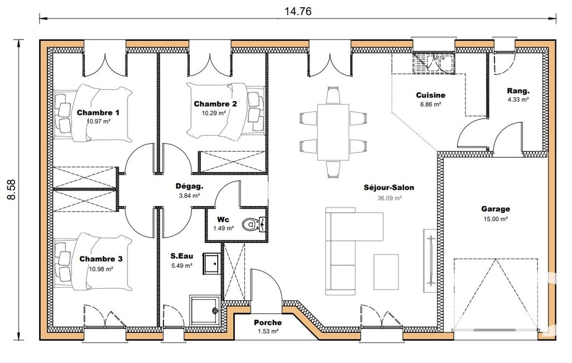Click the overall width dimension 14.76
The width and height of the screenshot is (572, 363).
tap(298, 11)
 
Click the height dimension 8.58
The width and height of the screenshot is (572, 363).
tap(12, 189)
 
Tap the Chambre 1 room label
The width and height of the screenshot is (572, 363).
tap(98, 112)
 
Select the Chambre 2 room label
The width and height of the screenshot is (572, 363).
tap(215, 104)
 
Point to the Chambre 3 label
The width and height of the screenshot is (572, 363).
tap(101, 259)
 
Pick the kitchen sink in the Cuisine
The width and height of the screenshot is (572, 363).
tap(434, 62)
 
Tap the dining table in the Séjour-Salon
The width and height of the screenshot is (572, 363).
tap(333, 132)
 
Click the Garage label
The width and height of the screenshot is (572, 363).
tap(496, 209)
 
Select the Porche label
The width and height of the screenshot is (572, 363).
tap(268, 322)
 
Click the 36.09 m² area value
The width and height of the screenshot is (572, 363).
tap(390, 198)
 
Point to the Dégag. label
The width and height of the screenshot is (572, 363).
tap(190, 187)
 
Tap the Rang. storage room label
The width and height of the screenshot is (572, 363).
tap(518, 91)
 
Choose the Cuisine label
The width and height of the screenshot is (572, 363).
tap(431, 95)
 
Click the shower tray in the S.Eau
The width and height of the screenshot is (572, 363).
tap(205, 310)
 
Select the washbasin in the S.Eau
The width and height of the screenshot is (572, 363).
tap(212, 263)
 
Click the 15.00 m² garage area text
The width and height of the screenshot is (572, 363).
tap(496, 219)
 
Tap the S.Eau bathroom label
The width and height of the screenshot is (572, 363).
tap(182, 256)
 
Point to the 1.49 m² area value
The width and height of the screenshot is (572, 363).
tap(224, 228)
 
